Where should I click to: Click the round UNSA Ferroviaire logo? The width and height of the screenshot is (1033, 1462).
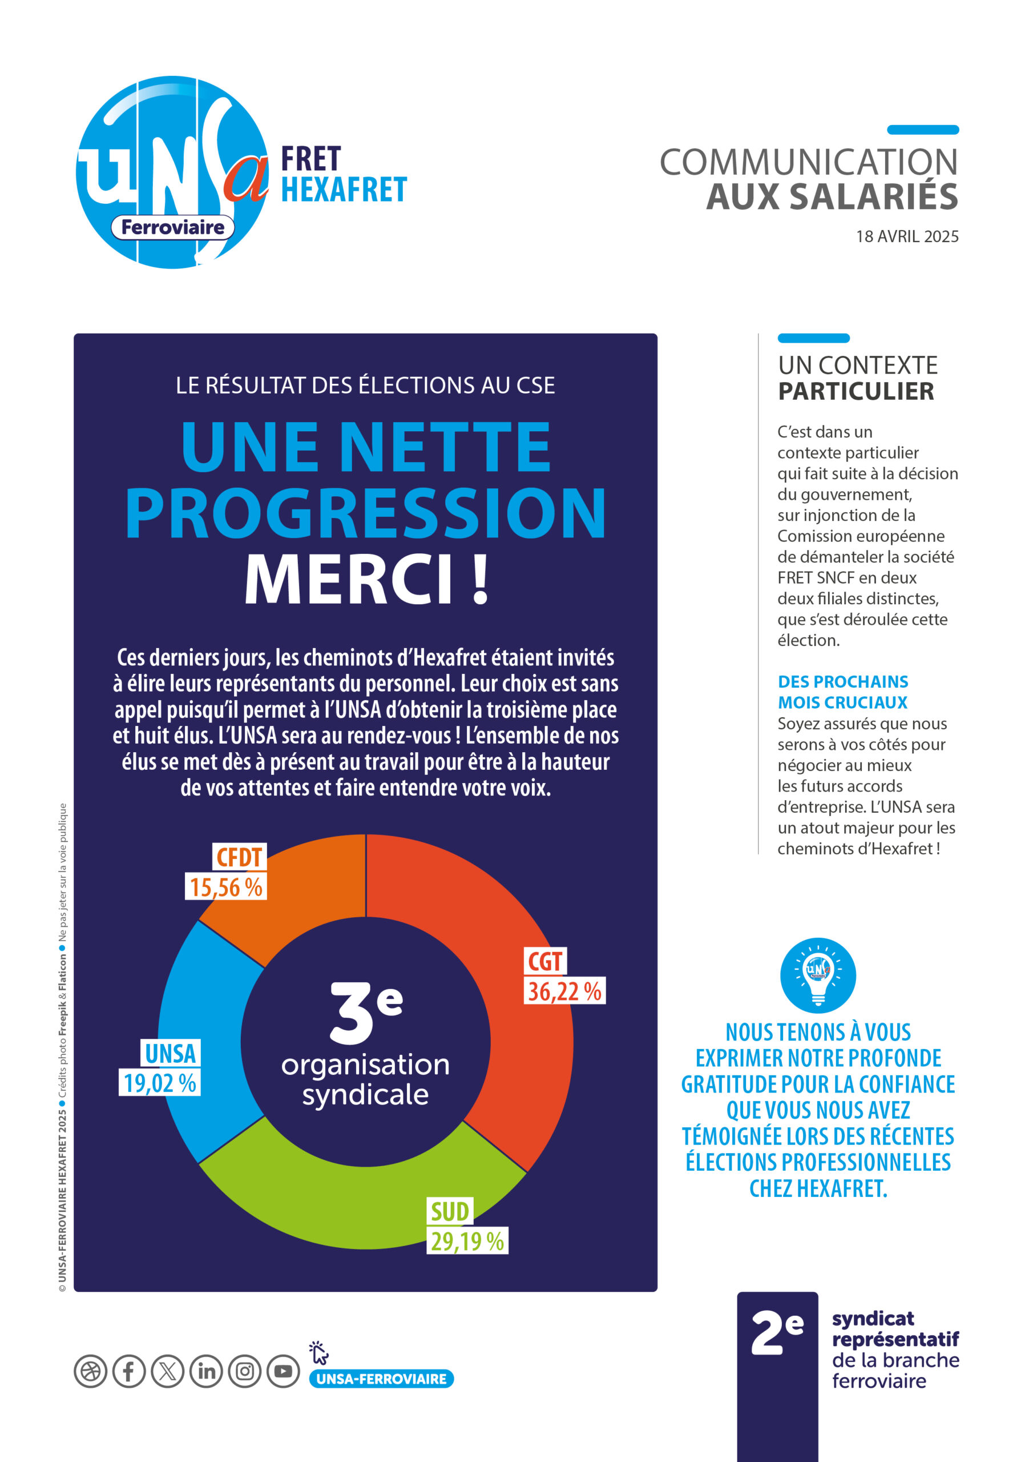click(172, 172)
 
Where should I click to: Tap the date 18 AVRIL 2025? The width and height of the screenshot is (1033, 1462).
click(907, 236)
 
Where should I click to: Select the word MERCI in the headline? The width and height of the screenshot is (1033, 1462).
click(349, 580)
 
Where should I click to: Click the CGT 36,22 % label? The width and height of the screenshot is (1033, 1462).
click(564, 976)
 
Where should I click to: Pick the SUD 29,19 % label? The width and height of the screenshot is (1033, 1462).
click(467, 1226)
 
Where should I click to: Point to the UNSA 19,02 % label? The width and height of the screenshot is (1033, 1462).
click(160, 1068)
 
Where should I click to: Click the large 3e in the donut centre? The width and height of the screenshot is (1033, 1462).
click(365, 1012)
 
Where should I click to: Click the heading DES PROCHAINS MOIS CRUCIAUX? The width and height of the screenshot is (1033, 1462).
click(843, 692)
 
